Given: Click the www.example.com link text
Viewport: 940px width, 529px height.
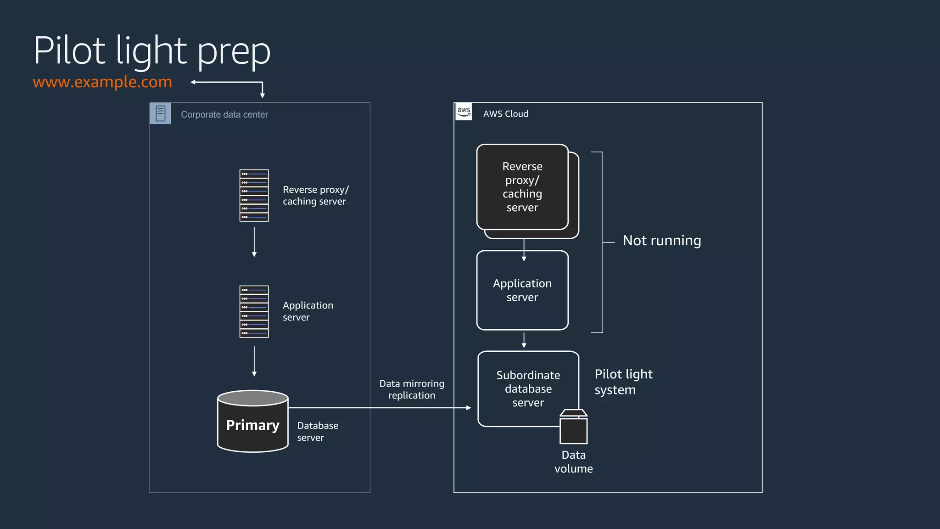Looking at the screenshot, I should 102,82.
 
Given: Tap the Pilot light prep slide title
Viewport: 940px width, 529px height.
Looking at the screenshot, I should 152,51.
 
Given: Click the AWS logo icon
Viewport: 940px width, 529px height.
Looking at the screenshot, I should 464,112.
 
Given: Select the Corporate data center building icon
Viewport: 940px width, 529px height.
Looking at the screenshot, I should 160,113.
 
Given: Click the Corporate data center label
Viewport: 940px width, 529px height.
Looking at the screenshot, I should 224,114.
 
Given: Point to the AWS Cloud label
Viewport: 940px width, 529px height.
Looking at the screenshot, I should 505,114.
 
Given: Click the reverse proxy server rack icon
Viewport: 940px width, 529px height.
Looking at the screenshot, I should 254,196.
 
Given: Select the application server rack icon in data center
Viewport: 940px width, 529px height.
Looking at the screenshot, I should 254,312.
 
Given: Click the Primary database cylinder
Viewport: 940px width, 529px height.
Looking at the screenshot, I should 252,422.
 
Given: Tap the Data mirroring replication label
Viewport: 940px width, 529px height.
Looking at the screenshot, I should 412,389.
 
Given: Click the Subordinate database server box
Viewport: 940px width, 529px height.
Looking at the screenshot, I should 528,388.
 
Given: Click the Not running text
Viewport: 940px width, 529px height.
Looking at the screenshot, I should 661,241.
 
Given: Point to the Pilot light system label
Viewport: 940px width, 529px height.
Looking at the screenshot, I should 623,382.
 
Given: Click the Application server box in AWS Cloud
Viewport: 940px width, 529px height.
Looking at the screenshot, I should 522,290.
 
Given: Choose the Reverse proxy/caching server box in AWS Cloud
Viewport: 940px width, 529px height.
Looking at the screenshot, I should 522,187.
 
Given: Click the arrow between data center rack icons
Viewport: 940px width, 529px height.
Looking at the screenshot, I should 254,242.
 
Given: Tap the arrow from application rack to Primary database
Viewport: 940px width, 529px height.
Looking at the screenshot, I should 254,361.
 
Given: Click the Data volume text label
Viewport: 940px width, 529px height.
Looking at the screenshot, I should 573,462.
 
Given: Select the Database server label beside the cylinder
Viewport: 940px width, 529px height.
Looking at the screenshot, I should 317,432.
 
